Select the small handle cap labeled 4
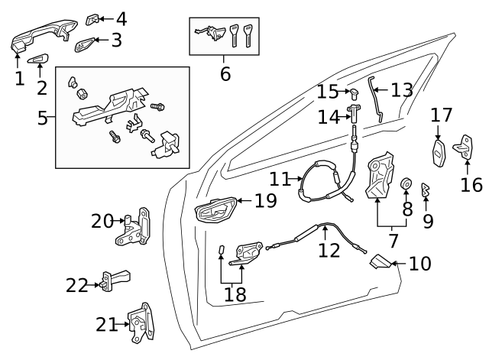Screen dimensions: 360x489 (90, 18)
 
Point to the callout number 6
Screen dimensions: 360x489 (225, 74)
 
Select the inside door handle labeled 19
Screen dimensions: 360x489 (215, 210)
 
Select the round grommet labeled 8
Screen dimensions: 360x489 (407, 185)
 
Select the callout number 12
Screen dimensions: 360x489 (329, 249)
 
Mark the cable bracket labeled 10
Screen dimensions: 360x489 (377, 264)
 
